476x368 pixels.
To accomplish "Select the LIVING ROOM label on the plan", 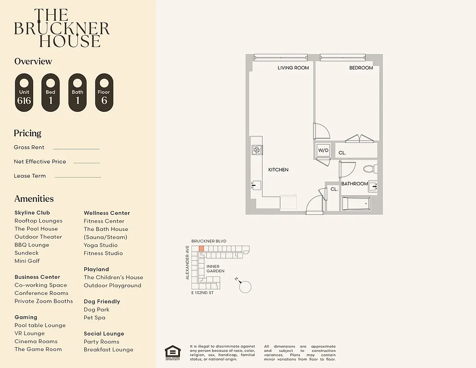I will pyautogui.click(x=293, y=68).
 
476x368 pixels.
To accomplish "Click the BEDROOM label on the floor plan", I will pyautogui.click(x=361, y=68).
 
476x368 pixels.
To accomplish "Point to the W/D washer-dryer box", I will pyautogui.click(x=323, y=150).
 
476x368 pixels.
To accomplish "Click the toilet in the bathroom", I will pyautogui.click(x=370, y=169).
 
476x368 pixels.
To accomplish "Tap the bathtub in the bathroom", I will pyautogui.click(x=356, y=203).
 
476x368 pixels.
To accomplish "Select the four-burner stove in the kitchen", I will pyautogui.click(x=256, y=149).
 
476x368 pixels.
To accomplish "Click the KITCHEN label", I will pyautogui.click(x=279, y=170).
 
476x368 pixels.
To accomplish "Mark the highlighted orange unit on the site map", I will pyautogui.click(x=201, y=248).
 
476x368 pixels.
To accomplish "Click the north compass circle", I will pyautogui.click(x=246, y=287).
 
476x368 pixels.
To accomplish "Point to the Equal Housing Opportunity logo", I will pyautogui.click(x=173, y=352).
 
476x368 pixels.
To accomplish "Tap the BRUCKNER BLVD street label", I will pyautogui.click(x=209, y=241).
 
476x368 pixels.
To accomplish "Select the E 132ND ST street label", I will pyautogui.click(x=203, y=293).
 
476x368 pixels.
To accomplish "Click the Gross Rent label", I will pyautogui.click(x=29, y=148).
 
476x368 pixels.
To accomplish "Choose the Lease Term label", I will pyautogui.click(x=30, y=176).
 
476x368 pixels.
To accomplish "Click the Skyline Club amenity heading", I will pyautogui.click(x=32, y=213).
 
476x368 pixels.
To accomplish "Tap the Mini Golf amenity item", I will pyautogui.click(x=27, y=261).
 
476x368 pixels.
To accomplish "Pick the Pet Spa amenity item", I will pyautogui.click(x=94, y=317).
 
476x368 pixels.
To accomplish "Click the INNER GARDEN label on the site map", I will pyautogui.click(x=215, y=269).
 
